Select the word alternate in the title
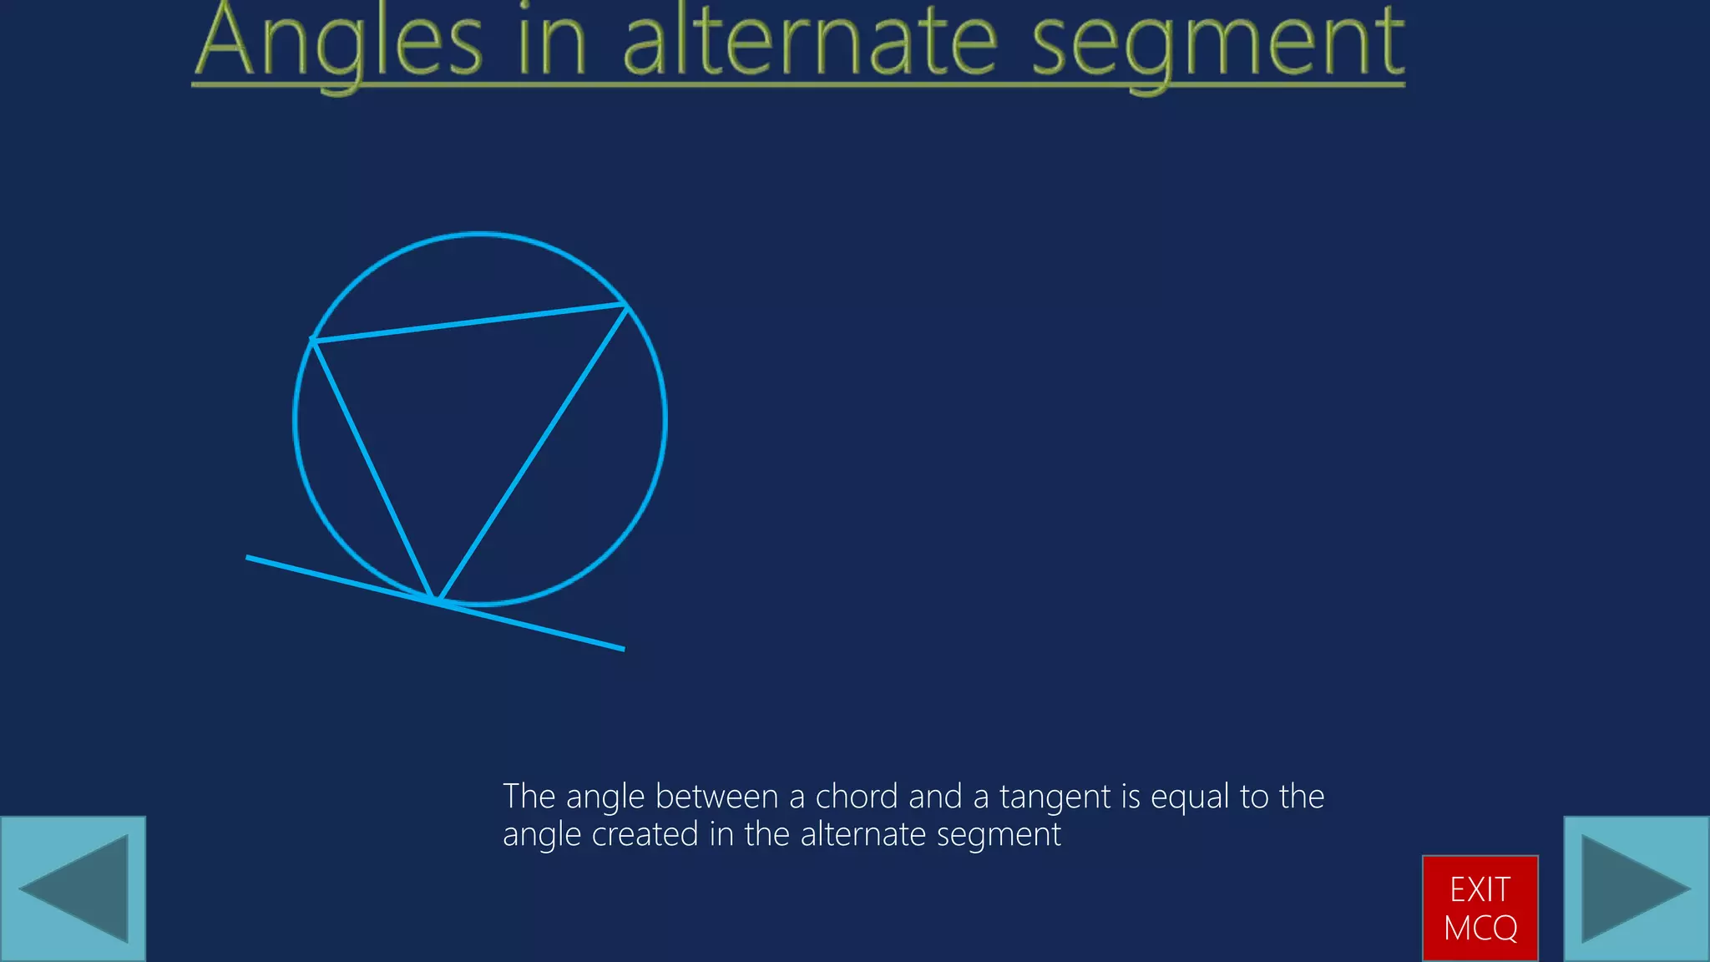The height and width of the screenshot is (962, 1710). [x=810, y=42]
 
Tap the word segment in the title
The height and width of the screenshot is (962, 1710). [x=1218, y=42]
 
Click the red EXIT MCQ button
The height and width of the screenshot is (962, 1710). [x=1480, y=908]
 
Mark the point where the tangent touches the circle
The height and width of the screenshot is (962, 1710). [x=435, y=601]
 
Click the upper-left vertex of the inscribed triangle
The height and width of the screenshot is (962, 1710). [x=312, y=340]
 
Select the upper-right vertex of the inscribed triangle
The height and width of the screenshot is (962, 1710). [x=626, y=306]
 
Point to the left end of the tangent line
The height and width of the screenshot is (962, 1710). [x=248, y=557]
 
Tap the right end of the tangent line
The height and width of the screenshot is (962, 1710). [x=623, y=648]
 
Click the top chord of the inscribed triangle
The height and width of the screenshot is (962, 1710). [x=469, y=323]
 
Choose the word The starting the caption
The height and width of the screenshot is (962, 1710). [x=529, y=797]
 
